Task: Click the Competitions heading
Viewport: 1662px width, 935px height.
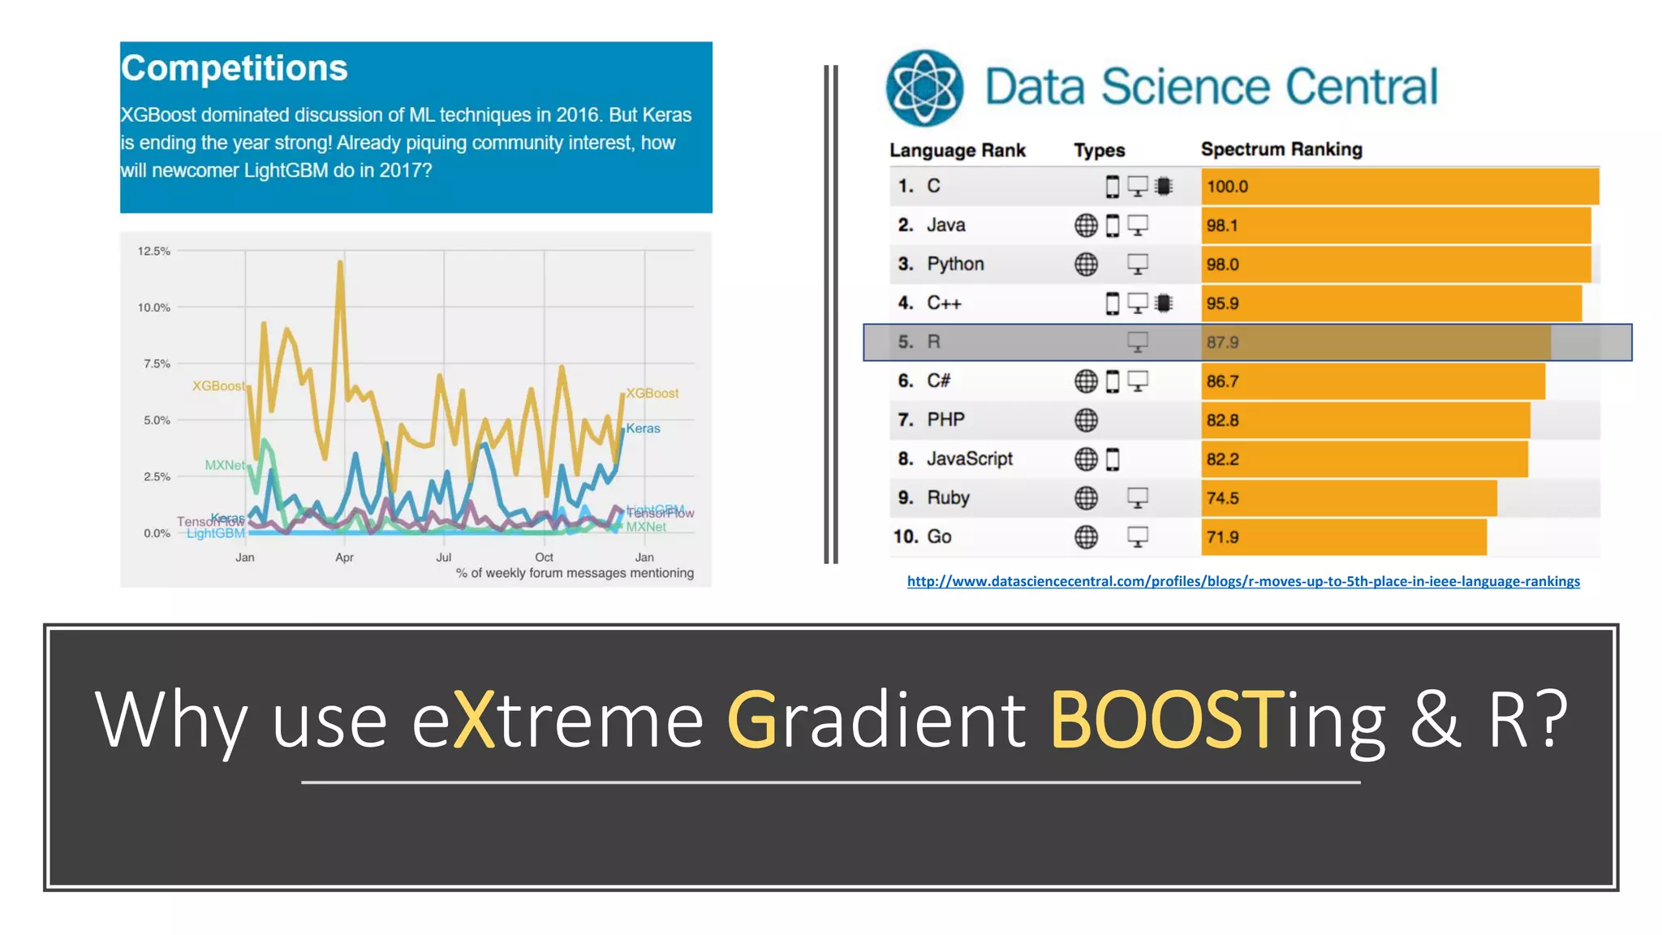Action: coord(234,68)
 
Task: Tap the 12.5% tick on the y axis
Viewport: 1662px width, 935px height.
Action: coord(154,251)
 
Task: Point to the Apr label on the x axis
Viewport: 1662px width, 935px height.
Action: coord(344,558)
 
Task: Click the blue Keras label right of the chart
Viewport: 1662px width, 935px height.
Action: coord(643,429)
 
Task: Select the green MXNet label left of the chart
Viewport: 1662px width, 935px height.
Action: coord(224,465)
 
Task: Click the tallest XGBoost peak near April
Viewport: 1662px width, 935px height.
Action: coord(340,263)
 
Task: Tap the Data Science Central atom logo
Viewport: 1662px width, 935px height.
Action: coord(924,88)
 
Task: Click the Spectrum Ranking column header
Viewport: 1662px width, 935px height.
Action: coord(1281,149)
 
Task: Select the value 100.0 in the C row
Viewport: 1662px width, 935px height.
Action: coord(1226,187)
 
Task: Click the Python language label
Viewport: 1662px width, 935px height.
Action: coord(955,264)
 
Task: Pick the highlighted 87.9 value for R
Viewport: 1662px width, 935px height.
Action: coord(1222,343)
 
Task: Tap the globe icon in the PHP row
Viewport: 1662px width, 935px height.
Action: coord(1086,420)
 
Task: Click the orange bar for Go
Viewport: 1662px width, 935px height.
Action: coord(1343,537)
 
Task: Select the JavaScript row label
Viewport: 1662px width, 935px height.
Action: coord(969,459)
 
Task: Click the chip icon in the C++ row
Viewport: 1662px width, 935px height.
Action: coord(1164,304)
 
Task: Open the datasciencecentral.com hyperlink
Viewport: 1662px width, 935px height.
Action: coord(1242,581)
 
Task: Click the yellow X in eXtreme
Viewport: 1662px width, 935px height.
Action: coord(474,720)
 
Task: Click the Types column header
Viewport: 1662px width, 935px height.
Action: coord(1099,150)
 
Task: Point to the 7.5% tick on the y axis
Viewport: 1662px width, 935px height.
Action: coord(157,364)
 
